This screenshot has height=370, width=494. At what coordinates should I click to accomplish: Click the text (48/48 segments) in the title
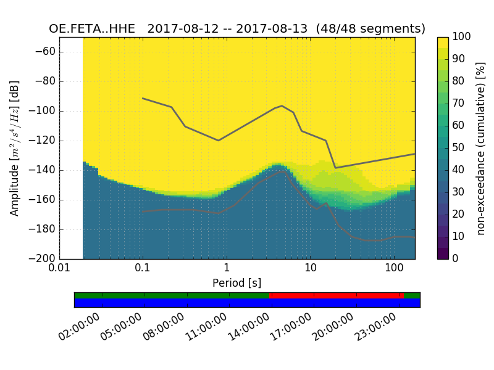[371, 29]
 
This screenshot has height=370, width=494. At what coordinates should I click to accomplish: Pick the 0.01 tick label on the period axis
[59, 269]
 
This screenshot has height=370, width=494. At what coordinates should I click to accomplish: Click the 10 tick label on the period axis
[310, 269]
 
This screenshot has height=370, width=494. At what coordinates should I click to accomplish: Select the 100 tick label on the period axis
[394, 269]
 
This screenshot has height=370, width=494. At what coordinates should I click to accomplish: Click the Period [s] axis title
[237, 283]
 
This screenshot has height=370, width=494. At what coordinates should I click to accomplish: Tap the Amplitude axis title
[15, 148]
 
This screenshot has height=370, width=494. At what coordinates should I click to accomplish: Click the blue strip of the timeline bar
[247, 303]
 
